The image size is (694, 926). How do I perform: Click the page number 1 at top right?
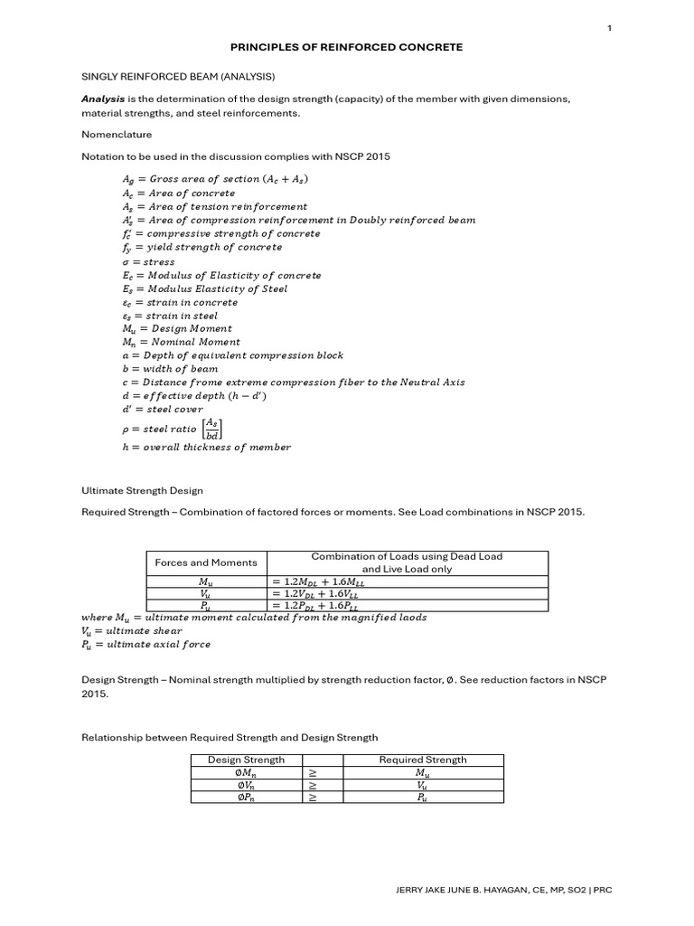pos(609,28)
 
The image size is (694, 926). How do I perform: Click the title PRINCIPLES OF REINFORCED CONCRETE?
pos(347,46)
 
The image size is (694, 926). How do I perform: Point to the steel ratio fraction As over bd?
pos(211,429)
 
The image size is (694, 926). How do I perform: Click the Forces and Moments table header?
pos(205,562)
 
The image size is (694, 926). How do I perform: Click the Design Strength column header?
pos(246,760)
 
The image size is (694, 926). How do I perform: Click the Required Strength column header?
pos(422,760)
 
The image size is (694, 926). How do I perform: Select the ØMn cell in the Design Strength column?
pos(246,773)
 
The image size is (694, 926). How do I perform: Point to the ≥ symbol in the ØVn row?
pos(313,786)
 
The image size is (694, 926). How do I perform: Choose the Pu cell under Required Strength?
pos(422,798)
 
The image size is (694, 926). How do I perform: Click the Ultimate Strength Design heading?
pos(142,490)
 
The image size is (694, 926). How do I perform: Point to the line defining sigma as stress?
pos(148,261)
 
